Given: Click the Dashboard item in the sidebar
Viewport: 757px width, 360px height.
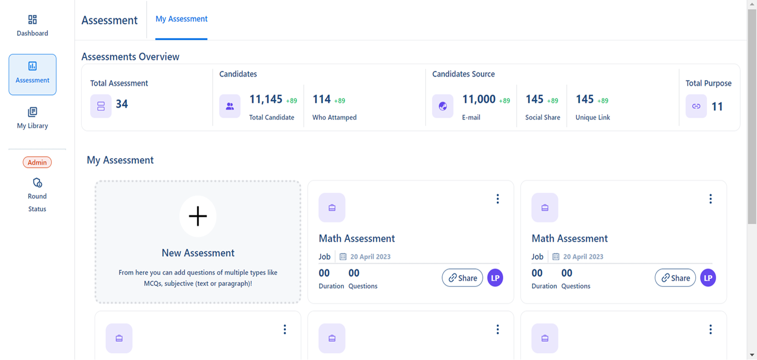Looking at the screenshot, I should coord(32,26).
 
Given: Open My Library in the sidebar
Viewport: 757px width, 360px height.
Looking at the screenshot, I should coord(32,118).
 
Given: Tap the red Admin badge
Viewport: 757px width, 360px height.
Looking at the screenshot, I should coord(37,162).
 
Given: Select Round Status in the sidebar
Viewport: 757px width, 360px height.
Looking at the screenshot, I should coord(37,195).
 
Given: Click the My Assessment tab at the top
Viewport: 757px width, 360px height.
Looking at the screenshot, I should coord(181,19).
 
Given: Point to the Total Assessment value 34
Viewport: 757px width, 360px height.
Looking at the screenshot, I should coord(122,104).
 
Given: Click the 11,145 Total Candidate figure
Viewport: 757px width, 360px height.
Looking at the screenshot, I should coord(266,100).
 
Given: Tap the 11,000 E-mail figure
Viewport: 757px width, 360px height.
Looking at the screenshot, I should coord(479,100).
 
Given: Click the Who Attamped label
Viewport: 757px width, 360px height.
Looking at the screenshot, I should coord(334,117).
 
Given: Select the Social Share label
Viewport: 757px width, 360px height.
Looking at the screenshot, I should coord(543,117).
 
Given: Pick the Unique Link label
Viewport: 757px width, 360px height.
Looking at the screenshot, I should coord(593,117).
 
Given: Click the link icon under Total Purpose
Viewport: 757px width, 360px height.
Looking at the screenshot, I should coord(696,106).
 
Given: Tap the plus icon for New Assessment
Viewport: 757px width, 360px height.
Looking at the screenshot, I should coord(198,216).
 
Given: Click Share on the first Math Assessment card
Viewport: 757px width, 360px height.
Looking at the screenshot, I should coord(462,278).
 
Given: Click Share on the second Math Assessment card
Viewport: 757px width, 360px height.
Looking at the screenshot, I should coord(675,278).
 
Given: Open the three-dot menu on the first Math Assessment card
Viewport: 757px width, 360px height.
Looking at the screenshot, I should coord(498,199).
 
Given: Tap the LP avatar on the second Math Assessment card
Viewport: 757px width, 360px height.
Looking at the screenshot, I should coord(708,278).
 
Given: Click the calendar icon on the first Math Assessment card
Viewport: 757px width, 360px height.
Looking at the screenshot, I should coord(343,257).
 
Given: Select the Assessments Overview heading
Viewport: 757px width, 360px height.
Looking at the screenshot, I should coord(130,57).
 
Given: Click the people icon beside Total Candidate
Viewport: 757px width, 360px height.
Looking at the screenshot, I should coord(230,106).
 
